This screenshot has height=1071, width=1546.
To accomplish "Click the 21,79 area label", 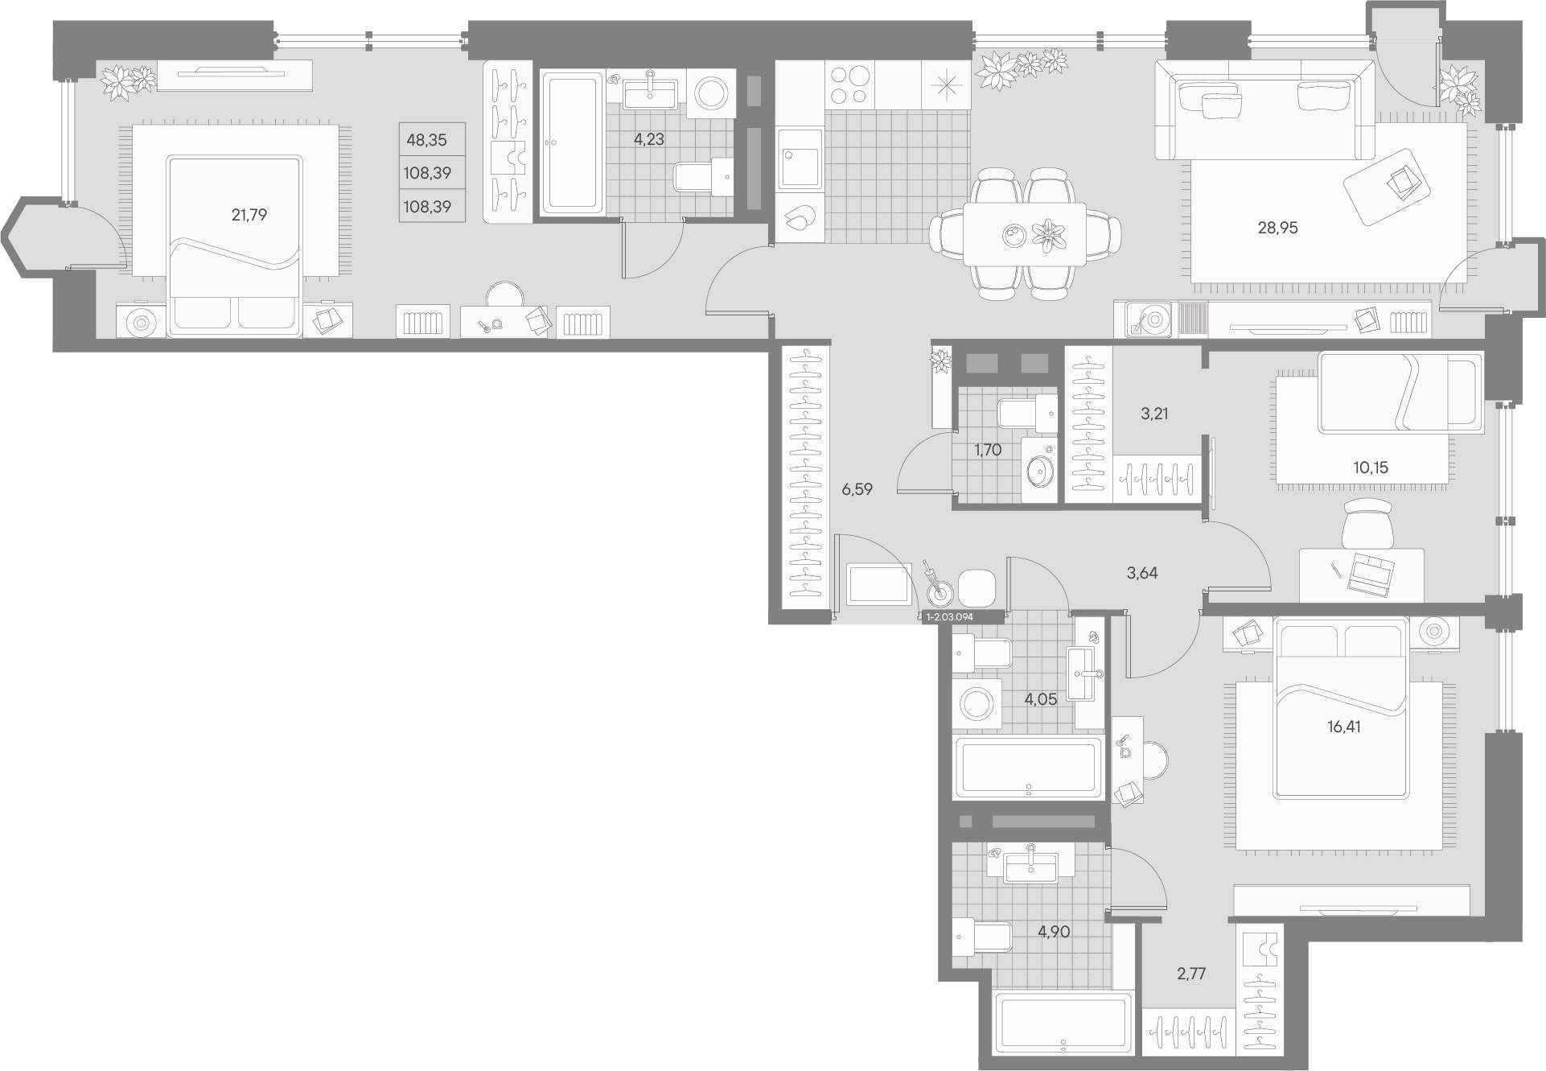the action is [249, 215].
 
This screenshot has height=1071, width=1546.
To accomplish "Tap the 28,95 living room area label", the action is [1277, 228].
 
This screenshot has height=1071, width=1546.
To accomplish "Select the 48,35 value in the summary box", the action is [426, 140].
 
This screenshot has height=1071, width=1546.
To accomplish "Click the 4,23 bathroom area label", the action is [648, 139].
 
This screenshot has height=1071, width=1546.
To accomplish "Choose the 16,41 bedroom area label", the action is [1343, 727].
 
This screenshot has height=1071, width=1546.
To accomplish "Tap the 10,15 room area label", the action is [1371, 467].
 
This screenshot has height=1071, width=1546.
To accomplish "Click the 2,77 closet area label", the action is [1191, 974].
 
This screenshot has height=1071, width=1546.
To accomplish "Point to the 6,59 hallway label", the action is [857, 489].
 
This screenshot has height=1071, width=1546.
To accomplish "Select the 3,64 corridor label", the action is [1142, 573].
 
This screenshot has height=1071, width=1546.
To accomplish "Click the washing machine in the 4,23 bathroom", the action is [711, 93].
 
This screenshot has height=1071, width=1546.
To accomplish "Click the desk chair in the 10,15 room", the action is [1367, 522].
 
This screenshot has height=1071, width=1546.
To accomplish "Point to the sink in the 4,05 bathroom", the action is [1086, 672].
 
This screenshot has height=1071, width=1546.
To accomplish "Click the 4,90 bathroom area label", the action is [1053, 933].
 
